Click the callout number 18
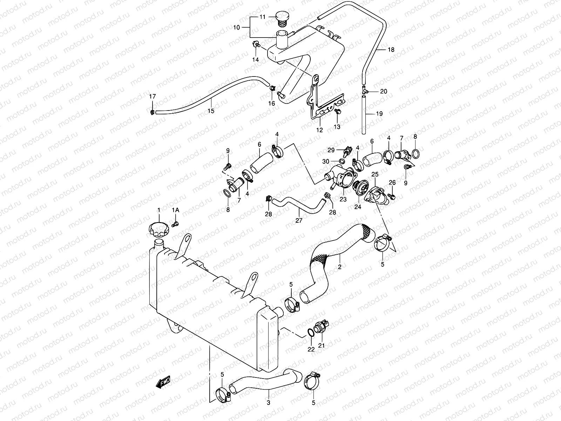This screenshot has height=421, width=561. (391, 50)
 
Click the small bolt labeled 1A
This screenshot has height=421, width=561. (176, 223)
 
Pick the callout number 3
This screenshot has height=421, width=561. (269, 403)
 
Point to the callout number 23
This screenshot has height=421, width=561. (343, 199)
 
